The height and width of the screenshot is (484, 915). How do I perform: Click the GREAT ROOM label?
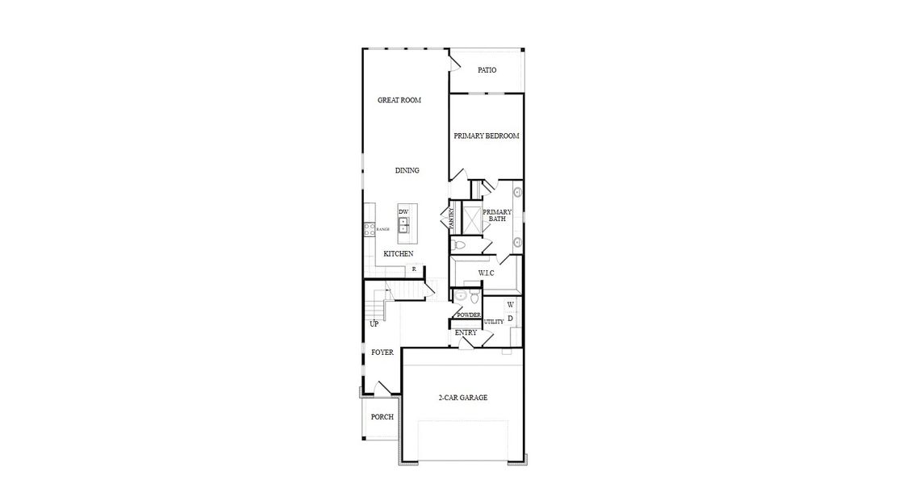tap(399, 101)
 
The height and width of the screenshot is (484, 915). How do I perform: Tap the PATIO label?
tap(487, 70)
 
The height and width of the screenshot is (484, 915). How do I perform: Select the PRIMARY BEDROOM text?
tap(486, 136)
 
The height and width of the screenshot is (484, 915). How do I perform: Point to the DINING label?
tap(407, 170)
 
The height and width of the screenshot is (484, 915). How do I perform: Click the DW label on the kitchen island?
tap(403, 211)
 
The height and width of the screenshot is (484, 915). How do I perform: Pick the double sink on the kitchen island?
tap(403, 224)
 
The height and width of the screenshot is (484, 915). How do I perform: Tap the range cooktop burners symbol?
tap(370, 229)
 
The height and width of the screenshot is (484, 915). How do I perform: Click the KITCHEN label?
tap(398, 254)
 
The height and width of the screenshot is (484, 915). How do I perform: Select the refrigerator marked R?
tap(414, 269)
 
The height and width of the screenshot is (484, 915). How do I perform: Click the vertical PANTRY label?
tap(452, 218)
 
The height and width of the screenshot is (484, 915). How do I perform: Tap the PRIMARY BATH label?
tap(497, 215)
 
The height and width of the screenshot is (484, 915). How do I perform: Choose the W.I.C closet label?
tap(486, 273)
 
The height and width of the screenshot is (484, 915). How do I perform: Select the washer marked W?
tap(510, 305)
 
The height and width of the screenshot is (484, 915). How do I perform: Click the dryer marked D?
tap(510, 319)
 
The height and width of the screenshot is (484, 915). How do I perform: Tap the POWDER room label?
tap(469, 315)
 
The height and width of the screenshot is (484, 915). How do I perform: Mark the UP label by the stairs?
tap(374, 324)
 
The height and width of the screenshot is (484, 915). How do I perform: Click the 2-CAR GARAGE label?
tap(462, 398)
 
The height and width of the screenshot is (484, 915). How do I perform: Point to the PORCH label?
tap(382, 417)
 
